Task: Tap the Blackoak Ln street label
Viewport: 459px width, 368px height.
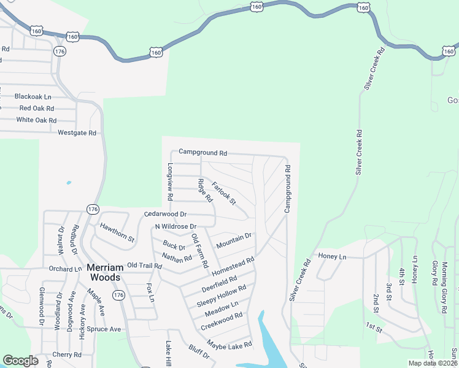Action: (x=33, y=97)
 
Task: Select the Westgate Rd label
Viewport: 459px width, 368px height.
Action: (x=77, y=132)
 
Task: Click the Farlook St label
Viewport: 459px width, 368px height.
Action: (x=223, y=193)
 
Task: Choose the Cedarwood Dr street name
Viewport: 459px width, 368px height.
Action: (x=164, y=214)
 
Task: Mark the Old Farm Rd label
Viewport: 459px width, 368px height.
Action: (x=199, y=250)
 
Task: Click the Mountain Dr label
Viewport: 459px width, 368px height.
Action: (x=234, y=240)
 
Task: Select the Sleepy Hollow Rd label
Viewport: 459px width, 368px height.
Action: (x=222, y=296)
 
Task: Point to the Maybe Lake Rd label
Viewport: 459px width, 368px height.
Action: (x=229, y=345)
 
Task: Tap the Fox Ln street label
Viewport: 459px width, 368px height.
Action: (x=150, y=293)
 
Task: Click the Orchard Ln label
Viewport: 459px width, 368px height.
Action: (x=66, y=269)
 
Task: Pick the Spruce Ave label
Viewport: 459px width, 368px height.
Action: (x=104, y=329)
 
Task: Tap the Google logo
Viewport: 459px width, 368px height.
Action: (x=20, y=361)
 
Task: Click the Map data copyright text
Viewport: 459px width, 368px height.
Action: (x=433, y=363)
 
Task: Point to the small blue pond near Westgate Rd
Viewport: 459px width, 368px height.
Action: (x=68, y=182)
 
